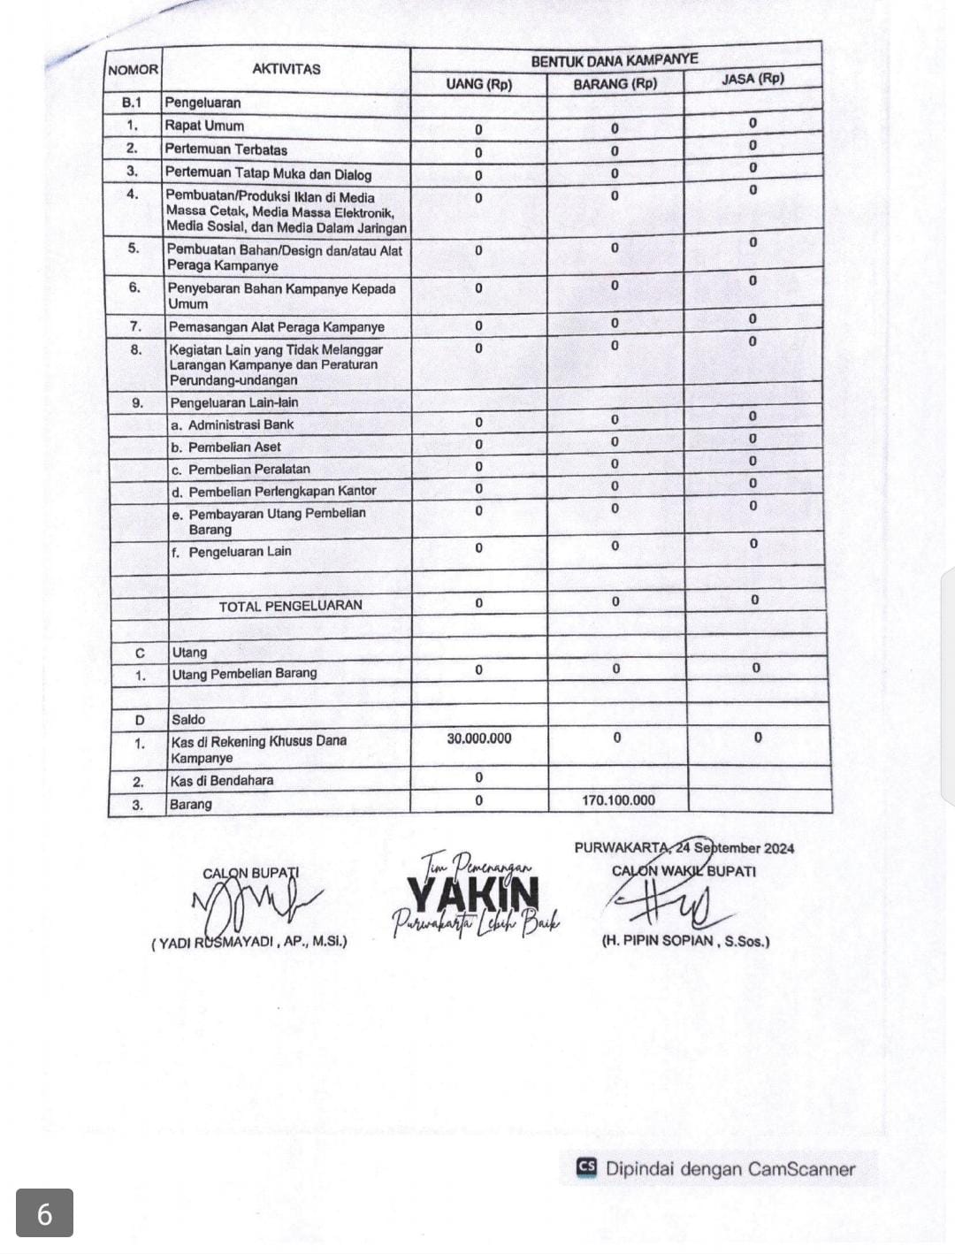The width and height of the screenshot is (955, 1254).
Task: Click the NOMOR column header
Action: (x=133, y=70)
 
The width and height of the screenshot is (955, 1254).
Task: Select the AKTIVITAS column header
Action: (x=286, y=69)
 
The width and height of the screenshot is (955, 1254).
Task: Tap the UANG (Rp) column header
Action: (x=478, y=85)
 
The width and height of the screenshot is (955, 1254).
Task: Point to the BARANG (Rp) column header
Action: (x=615, y=84)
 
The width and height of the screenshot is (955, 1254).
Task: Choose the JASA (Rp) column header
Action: (x=753, y=79)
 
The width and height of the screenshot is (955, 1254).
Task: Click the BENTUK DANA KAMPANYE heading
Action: (x=615, y=60)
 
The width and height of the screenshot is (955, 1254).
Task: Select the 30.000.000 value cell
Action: (x=478, y=738)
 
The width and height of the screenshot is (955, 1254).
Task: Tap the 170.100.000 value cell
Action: (x=618, y=800)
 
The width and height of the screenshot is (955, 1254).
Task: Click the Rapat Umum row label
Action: (x=204, y=126)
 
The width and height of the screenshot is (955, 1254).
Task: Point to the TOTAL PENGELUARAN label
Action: (x=290, y=606)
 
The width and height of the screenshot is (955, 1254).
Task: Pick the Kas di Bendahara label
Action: (x=222, y=781)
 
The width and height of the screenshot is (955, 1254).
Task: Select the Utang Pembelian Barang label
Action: (x=244, y=674)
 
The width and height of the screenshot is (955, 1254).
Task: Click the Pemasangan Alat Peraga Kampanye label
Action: (x=276, y=327)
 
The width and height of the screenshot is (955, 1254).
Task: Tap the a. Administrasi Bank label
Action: (x=232, y=424)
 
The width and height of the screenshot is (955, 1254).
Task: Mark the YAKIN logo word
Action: (x=473, y=894)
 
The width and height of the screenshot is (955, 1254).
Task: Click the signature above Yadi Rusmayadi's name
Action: (x=252, y=906)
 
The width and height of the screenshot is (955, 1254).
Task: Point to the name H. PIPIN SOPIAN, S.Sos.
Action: (x=685, y=941)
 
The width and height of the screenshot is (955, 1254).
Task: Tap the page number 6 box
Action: (x=44, y=1213)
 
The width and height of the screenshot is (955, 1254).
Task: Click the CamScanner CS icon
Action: (x=585, y=1167)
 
